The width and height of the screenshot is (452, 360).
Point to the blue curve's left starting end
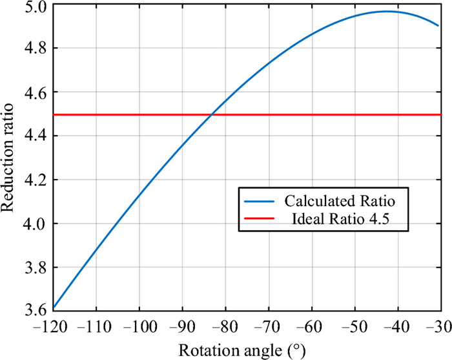click(54, 308)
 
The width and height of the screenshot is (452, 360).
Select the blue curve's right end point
click(439, 26)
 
